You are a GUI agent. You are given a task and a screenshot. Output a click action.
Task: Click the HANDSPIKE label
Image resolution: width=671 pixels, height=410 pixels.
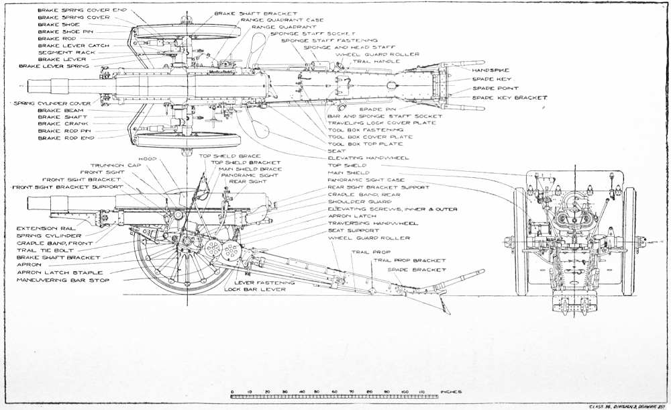tap(491, 70)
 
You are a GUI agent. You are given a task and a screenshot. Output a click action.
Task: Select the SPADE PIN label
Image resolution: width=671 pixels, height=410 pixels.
tap(378, 108)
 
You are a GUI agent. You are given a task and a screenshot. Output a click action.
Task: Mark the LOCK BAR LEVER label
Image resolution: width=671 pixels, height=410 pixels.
tap(254, 289)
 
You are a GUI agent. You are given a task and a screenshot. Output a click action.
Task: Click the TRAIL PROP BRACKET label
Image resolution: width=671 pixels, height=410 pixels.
tap(409, 260)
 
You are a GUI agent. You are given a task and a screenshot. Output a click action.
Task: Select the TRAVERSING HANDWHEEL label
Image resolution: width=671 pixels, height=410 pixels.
tap(372, 223)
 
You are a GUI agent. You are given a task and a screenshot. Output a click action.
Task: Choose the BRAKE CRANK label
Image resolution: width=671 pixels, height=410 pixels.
tap(59, 123)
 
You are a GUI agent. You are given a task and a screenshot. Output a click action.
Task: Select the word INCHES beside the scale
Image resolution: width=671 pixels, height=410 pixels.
tap(450, 391)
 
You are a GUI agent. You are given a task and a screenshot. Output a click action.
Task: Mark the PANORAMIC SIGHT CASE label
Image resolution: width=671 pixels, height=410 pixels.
tap(366, 180)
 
